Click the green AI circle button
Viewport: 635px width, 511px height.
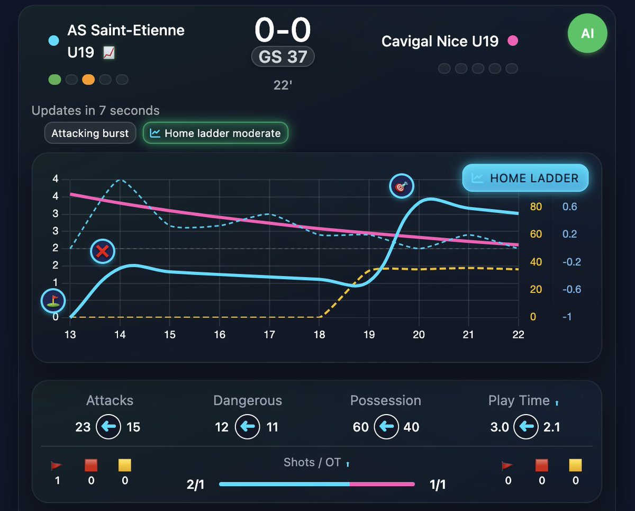pyautogui.click(x=587, y=33)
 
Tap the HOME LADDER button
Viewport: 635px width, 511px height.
pyautogui.click(x=525, y=177)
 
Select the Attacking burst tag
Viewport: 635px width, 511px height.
pyautogui.click(x=90, y=133)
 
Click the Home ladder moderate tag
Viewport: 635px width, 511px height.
pyautogui.click(x=215, y=133)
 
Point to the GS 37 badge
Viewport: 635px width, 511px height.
pyautogui.click(x=283, y=57)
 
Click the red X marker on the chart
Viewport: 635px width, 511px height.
pyautogui.click(x=103, y=252)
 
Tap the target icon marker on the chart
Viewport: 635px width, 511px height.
pyautogui.click(x=401, y=186)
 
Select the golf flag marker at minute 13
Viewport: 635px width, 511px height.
pyautogui.click(x=53, y=301)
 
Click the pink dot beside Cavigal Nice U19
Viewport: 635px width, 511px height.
pyautogui.click(x=512, y=41)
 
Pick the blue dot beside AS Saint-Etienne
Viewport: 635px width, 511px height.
pyautogui.click(x=53, y=40)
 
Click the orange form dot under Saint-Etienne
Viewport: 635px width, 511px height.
pyautogui.click(x=88, y=79)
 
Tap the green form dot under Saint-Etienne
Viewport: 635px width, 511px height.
pyautogui.click(x=55, y=79)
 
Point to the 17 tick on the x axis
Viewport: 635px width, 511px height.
pyautogui.click(x=269, y=335)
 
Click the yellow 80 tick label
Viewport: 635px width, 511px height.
pyautogui.click(x=536, y=207)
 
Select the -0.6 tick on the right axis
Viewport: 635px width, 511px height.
pyautogui.click(x=571, y=289)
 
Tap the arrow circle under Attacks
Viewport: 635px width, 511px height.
pyautogui.click(x=108, y=427)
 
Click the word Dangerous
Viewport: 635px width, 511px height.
pyautogui.click(x=248, y=401)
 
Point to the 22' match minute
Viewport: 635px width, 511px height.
pyautogui.click(x=283, y=85)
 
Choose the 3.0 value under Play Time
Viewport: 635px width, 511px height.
pyautogui.click(x=500, y=427)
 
